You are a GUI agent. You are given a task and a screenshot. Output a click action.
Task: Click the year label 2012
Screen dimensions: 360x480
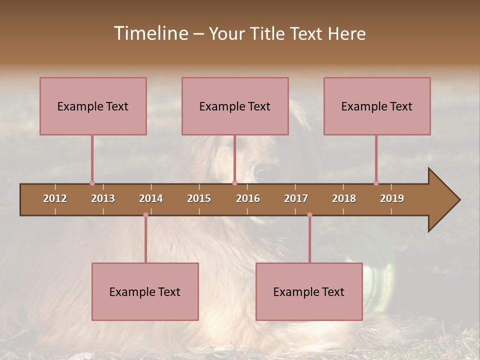pos(55,198)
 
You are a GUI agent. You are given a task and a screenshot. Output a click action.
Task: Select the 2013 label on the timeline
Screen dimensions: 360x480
pos(103,198)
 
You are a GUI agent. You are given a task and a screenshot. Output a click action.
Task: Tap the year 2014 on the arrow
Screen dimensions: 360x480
pos(151,198)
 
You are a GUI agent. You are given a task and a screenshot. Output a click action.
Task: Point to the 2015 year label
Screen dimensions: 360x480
pos(199,198)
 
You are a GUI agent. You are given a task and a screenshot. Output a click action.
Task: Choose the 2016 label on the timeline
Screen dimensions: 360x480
pos(248,198)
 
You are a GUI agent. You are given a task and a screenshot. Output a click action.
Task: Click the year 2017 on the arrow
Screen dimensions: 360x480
pos(296,198)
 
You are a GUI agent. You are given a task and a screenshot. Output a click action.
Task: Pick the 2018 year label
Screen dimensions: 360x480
pos(344,198)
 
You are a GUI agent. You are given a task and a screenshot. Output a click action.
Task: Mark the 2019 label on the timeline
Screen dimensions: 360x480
pos(392,198)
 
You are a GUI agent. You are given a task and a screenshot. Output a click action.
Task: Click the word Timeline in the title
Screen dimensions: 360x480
pos(150,33)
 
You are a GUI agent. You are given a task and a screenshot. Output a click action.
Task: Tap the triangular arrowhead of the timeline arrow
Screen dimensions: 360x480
pos(443,200)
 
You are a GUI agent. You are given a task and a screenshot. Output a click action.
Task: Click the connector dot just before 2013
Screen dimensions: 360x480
pos(92,183)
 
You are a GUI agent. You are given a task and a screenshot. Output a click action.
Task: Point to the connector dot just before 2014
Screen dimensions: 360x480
pos(145,215)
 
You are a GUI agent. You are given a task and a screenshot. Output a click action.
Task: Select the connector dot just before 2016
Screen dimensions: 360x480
pos(234,183)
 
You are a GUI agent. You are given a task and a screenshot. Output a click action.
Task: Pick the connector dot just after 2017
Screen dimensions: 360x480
pos(309,215)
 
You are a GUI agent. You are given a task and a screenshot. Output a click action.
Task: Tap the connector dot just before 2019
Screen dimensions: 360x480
pos(376,183)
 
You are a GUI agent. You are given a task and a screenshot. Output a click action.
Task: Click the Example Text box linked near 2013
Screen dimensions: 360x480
pos(93,106)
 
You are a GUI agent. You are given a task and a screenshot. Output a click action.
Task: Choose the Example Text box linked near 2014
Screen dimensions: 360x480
pos(145,291)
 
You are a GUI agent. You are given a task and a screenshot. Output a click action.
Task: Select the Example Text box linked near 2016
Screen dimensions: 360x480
pos(235,106)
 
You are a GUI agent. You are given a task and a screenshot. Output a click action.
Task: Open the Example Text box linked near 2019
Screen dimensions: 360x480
pos(377,106)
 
